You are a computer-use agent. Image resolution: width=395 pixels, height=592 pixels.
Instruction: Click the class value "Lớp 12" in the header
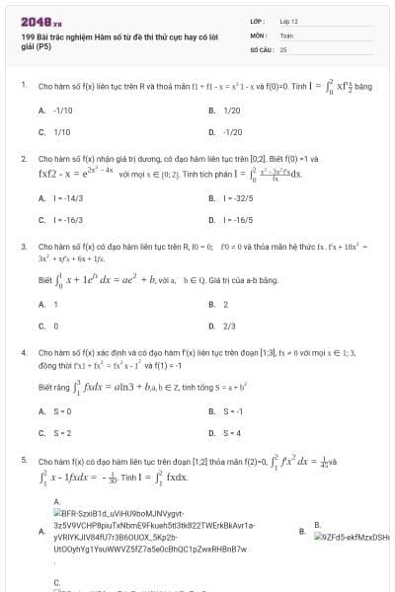coord(290,20)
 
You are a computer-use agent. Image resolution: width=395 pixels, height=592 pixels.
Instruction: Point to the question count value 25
coord(283,48)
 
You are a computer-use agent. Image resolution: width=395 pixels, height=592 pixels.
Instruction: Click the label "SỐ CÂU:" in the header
coord(261,48)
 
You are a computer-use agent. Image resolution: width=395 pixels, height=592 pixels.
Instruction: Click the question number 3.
coord(23,245)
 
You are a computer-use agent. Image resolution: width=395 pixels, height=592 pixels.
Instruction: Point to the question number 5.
coord(23,460)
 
